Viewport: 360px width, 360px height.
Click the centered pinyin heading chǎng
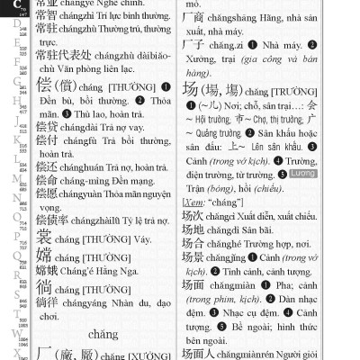[103, 335]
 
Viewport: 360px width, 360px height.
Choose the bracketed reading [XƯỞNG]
[152, 355]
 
